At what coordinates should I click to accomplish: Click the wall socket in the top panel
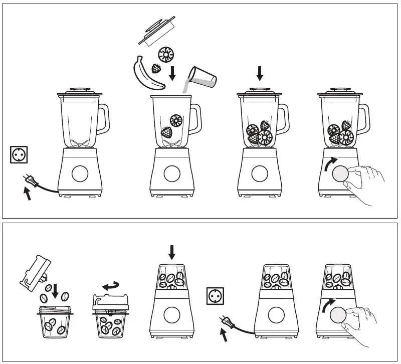pyautogui.click(x=18, y=154)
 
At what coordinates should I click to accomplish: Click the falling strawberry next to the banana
pyautogui.click(x=157, y=69)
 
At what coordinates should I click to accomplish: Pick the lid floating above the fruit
pyautogui.click(x=157, y=30)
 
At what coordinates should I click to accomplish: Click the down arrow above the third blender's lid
pyautogui.click(x=259, y=74)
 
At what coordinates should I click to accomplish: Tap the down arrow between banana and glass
pyautogui.click(x=172, y=73)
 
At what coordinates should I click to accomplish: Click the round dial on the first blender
pyautogui.click(x=79, y=174)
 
